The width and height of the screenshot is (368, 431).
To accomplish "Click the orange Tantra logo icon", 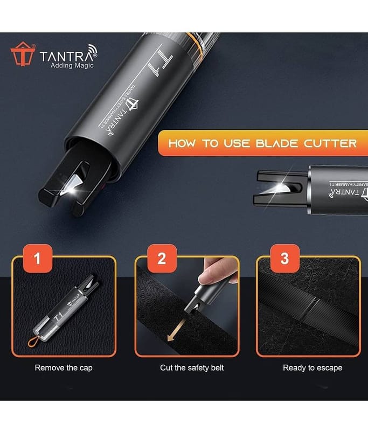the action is pyautogui.click(x=23, y=54).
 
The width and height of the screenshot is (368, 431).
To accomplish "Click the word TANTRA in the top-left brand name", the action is pyautogui.click(x=67, y=57).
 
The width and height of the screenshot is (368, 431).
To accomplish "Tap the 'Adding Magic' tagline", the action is pyautogui.click(x=72, y=65).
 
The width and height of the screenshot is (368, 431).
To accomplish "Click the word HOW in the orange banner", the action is pyautogui.click(x=183, y=143).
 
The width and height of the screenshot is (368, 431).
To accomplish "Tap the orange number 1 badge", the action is pyautogui.click(x=38, y=259).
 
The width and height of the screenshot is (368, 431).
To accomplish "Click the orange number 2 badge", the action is pyautogui.click(x=162, y=259).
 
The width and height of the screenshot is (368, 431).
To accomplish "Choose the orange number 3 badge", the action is pyautogui.click(x=284, y=259).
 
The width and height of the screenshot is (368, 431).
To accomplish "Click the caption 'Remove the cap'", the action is pyautogui.click(x=64, y=368).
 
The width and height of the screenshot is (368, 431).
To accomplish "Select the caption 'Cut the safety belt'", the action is pyautogui.click(x=192, y=368).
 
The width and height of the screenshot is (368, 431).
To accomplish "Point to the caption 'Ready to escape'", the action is pyautogui.click(x=313, y=368).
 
